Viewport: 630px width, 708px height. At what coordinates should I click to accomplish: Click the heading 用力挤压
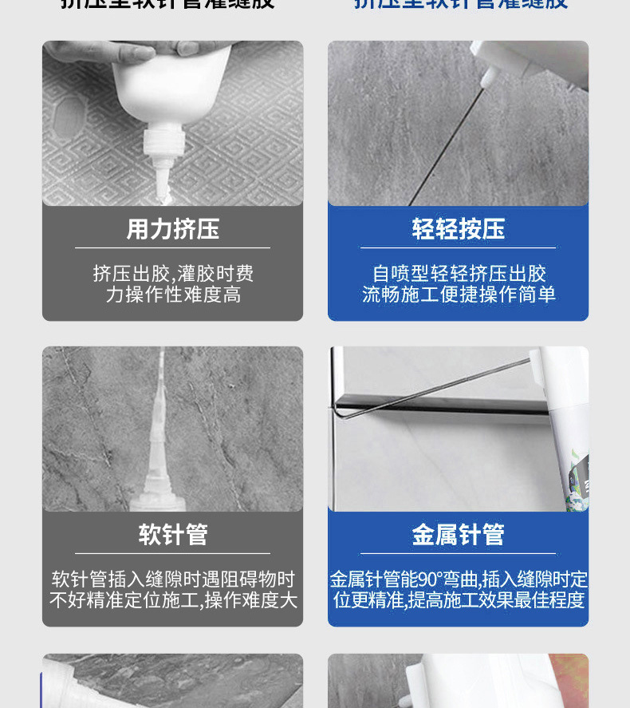[172, 230]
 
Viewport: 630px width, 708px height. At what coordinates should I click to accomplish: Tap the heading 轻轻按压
[459, 230]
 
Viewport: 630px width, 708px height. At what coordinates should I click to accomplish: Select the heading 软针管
[173, 534]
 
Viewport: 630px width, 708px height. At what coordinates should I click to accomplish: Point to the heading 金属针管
[459, 534]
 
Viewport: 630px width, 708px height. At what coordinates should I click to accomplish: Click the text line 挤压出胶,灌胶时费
[173, 274]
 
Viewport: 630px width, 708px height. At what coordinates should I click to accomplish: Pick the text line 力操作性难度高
[173, 295]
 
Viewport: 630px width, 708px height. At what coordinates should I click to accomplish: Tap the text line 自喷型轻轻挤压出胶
[459, 274]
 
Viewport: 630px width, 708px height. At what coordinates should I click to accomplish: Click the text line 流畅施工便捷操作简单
[459, 295]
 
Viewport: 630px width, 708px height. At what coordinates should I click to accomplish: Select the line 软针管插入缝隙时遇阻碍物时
[173, 579]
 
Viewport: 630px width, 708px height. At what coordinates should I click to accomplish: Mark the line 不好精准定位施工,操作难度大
[173, 600]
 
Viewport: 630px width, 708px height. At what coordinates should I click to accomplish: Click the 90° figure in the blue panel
[429, 579]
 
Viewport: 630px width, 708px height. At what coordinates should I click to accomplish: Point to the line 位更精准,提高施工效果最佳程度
[459, 600]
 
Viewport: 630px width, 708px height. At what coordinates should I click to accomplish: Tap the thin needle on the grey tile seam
[447, 144]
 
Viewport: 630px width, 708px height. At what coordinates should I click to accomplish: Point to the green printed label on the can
[574, 479]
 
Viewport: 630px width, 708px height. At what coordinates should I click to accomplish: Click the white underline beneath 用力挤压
[172, 248]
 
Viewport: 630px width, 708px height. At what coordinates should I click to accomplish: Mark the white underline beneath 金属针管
[459, 553]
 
